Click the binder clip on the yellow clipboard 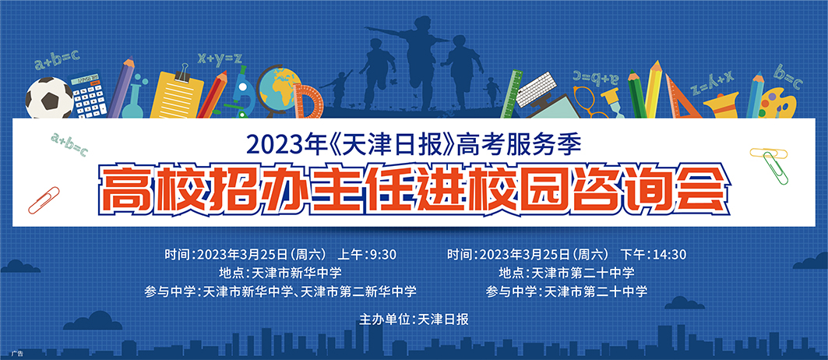pyautogui.click(x=184, y=73)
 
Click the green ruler pyautogui.click(x=510, y=93)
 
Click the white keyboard pyautogui.click(x=535, y=88)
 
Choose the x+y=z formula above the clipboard pyautogui.click(x=220, y=58)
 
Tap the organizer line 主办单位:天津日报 pyautogui.click(x=414, y=319)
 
